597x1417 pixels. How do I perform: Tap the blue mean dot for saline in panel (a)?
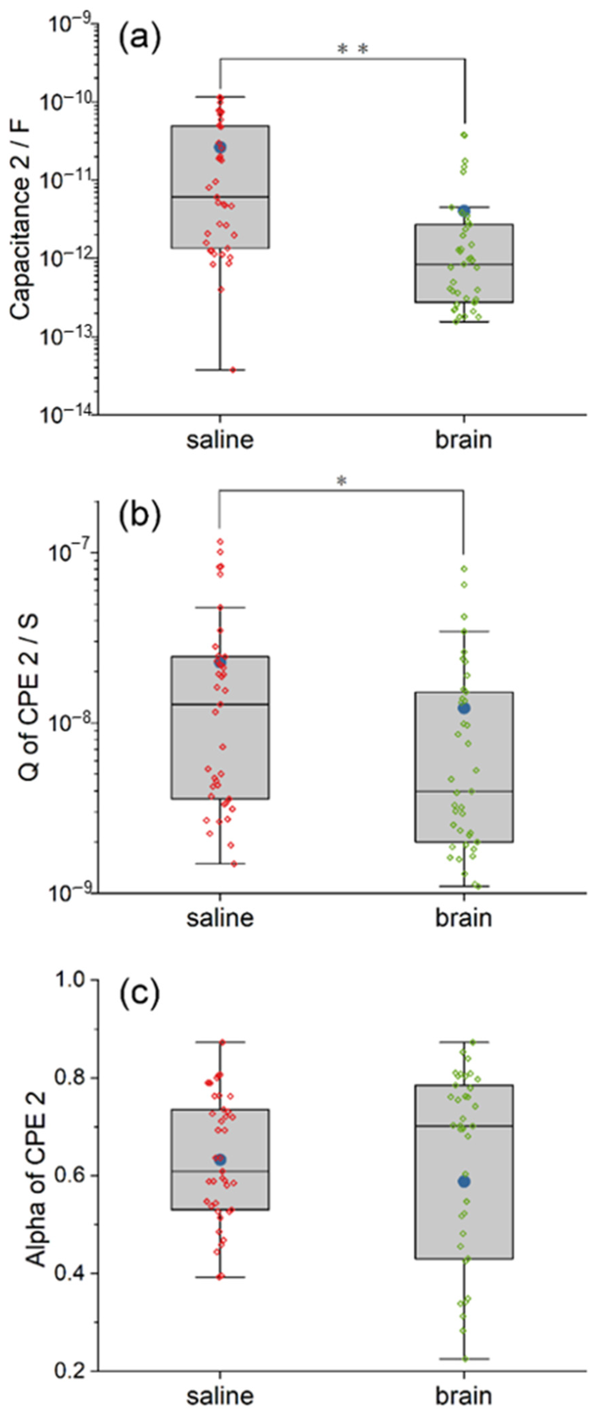click(x=220, y=146)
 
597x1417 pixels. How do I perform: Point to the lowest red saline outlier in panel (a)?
click(x=233, y=370)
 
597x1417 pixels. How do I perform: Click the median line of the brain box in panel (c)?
click(x=464, y=1126)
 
